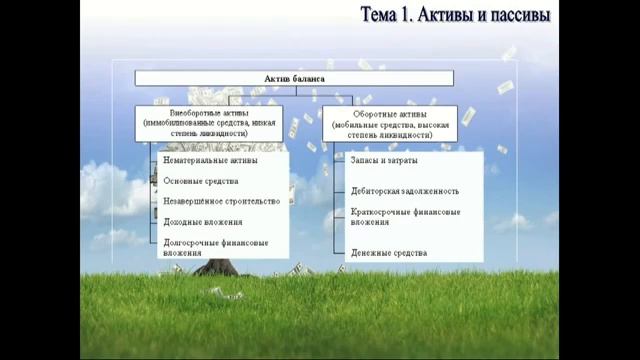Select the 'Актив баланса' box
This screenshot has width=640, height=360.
click(293, 78)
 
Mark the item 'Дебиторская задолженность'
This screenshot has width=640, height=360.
click(405, 191)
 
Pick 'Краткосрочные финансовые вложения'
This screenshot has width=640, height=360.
click(405, 217)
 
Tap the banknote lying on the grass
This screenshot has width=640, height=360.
click(226, 294)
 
